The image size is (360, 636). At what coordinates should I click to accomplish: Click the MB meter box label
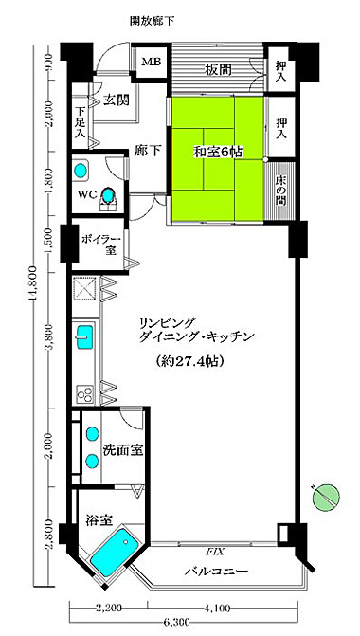pos(152,62)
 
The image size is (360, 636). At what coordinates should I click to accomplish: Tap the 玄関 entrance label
pos(116,100)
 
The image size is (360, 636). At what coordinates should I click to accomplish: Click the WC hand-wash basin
pos(81,171)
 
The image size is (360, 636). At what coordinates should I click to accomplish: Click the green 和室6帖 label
pos(218,153)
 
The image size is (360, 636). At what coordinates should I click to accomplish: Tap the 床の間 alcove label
pos(280,191)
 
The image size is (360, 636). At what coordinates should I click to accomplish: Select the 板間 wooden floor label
pos(218,70)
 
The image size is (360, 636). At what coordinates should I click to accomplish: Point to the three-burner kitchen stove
pos(84,393)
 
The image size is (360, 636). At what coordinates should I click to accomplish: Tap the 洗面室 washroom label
pos(123,449)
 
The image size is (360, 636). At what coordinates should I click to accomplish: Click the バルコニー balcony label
pos(216,572)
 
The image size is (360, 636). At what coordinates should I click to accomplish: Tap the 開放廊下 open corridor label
pos(152,21)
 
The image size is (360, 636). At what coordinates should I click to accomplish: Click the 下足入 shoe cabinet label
pos(81,122)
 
